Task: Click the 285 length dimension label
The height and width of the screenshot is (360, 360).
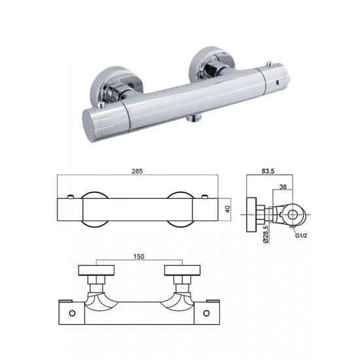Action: pos(137,171)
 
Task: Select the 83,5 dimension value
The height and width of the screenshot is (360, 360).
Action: pos(268,171)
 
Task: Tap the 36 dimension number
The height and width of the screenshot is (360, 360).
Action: pos(283,187)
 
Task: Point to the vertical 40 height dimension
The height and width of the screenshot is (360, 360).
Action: pos(228,209)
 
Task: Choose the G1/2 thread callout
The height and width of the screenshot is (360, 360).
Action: pos(301,236)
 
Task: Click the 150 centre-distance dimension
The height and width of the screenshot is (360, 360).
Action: pos(139,256)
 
